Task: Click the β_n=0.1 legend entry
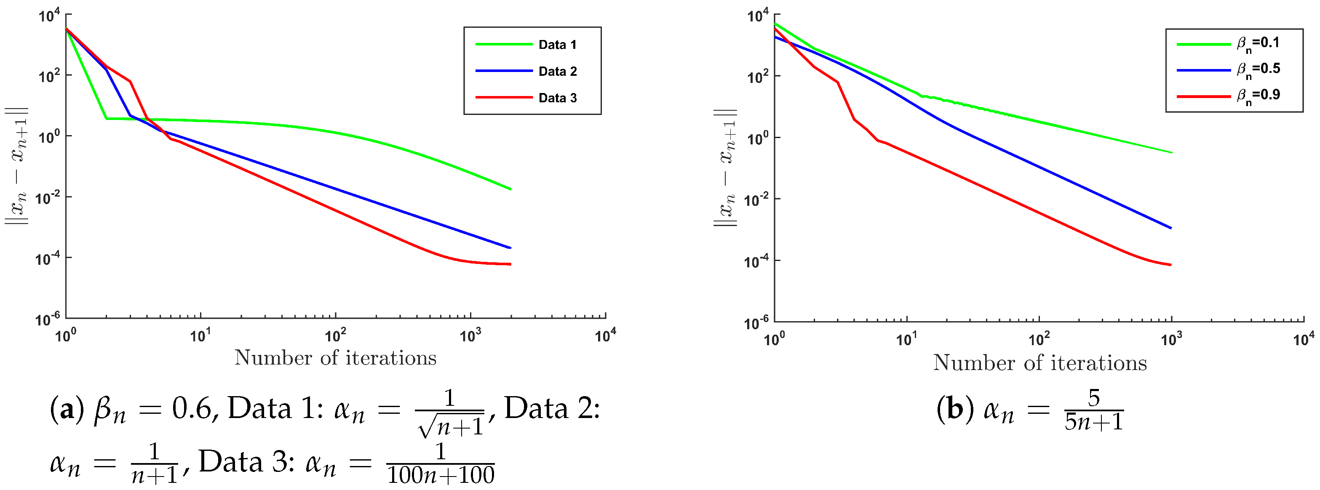[x=1258, y=43]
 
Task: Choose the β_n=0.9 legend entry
[x=1258, y=96]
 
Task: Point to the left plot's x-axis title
[x=335, y=358]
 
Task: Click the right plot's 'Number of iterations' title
[x=1040, y=363]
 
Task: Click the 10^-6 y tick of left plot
[x=47, y=319]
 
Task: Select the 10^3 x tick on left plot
[x=470, y=336]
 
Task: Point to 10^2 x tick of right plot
[x=1039, y=338]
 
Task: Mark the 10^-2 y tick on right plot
[x=756, y=200]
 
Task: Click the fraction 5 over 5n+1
[x=1093, y=410]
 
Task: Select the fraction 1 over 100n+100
[x=440, y=464]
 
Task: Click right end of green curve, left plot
[x=510, y=189]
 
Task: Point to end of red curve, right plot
[x=1171, y=265]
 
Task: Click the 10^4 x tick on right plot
[x=1303, y=338]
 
